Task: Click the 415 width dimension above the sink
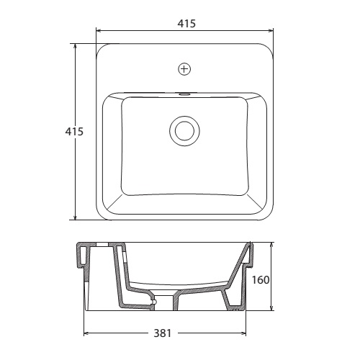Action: pyautogui.click(x=186, y=24)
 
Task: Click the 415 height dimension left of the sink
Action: pyautogui.click(x=74, y=132)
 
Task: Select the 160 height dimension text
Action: pyautogui.click(x=261, y=280)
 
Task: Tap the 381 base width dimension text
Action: pyautogui.click(x=163, y=333)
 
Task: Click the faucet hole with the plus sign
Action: pyautogui.click(x=184, y=69)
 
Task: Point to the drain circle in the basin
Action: pyautogui.click(x=184, y=131)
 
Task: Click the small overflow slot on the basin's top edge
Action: pyautogui.click(x=184, y=94)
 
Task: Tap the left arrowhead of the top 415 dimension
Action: pyautogui.click(x=98, y=30)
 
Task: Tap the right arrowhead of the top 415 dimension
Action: pyautogui.click(x=271, y=30)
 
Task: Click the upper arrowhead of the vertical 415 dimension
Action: pyautogui.click(x=76, y=46)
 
